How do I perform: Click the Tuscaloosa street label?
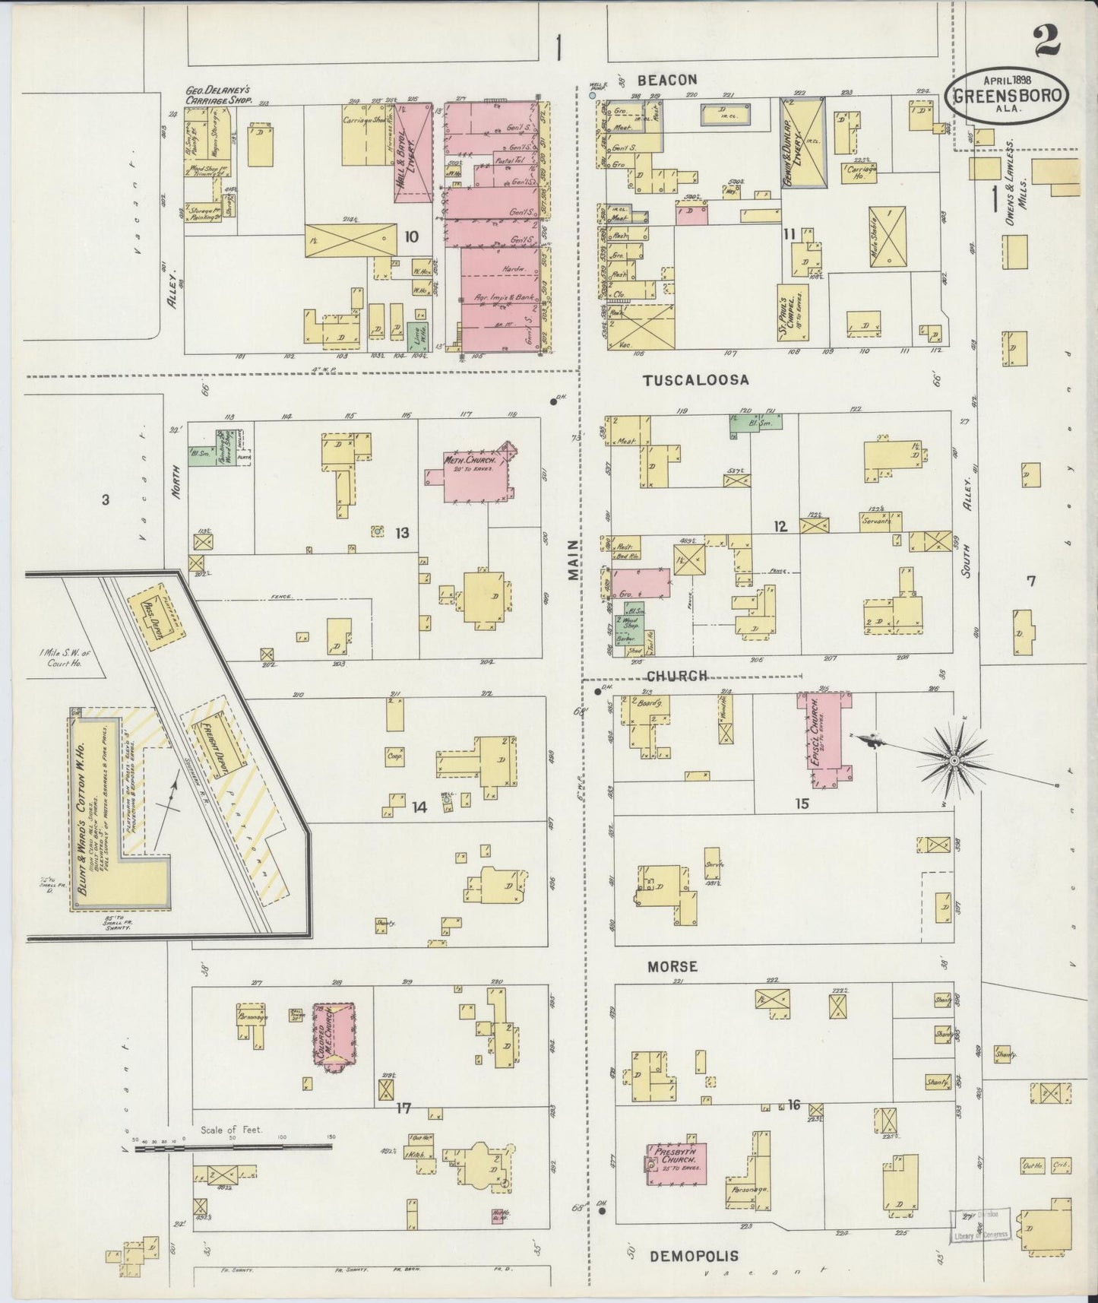tap(696, 380)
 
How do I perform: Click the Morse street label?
tap(672, 966)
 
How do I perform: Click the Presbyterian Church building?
tap(676, 1162)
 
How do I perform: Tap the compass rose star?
tap(954, 759)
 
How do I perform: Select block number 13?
tap(402, 534)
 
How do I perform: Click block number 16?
tap(794, 1105)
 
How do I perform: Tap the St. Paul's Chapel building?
tap(791, 312)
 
